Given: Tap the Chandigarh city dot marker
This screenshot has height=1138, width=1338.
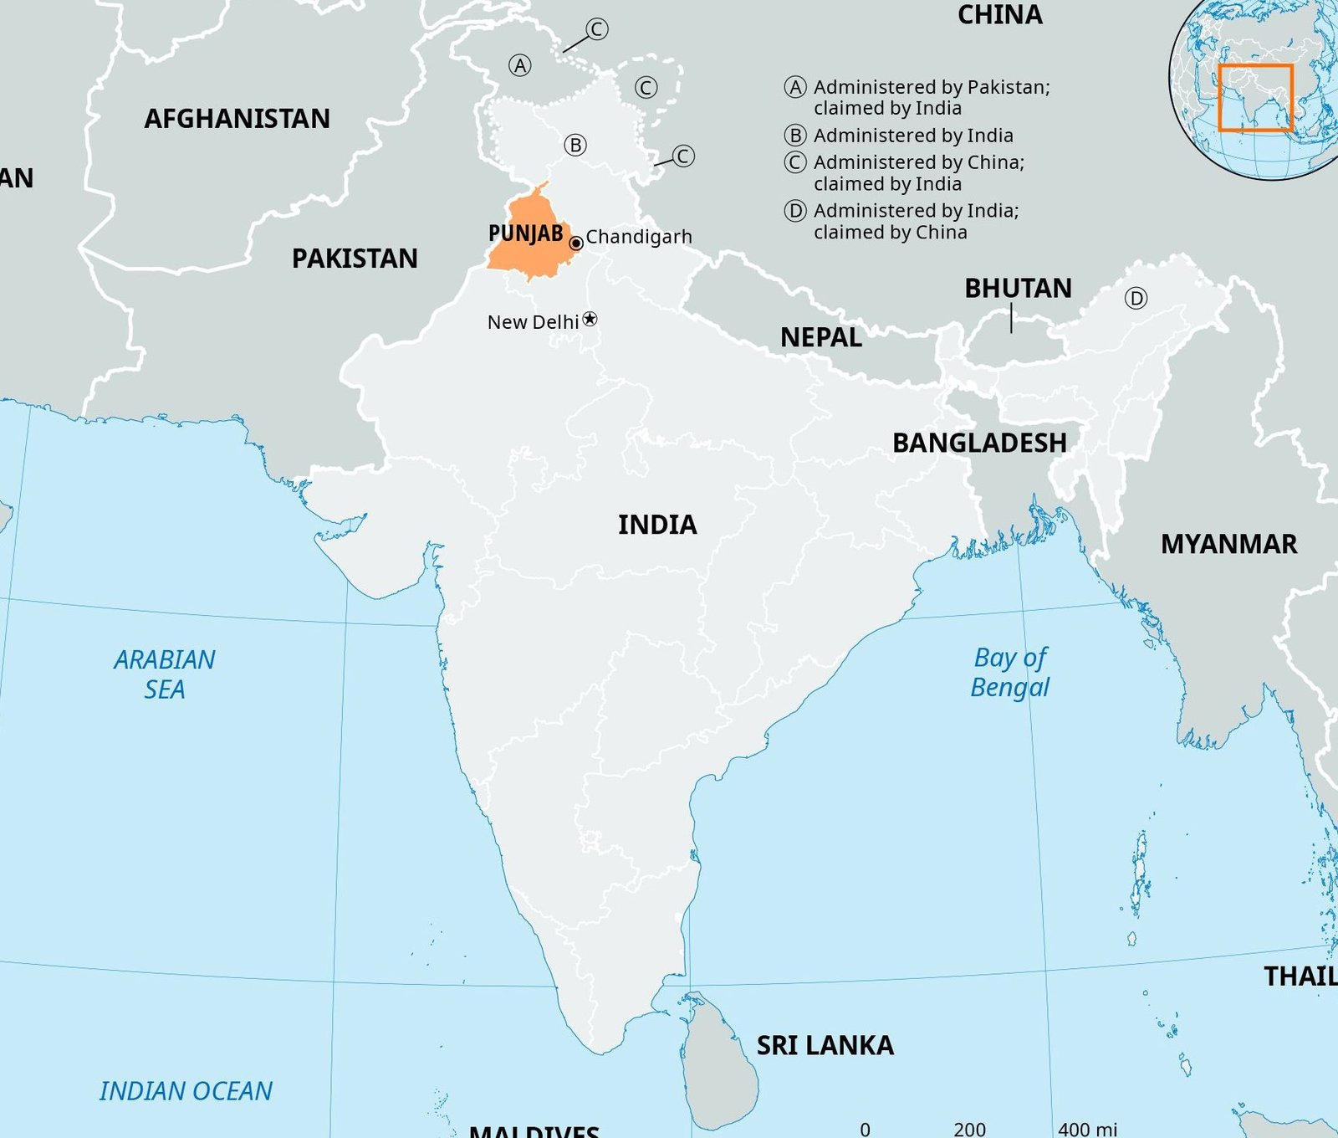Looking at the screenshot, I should [x=576, y=243].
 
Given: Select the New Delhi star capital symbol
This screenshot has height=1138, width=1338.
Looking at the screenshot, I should [x=590, y=319].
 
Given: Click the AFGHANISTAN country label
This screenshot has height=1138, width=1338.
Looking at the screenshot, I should [x=237, y=119].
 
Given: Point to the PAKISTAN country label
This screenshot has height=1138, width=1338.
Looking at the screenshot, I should [x=355, y=259].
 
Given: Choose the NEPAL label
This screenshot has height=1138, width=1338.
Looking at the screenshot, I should [x=820, y=337].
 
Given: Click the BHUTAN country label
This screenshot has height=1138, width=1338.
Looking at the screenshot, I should [x=1018, y=289].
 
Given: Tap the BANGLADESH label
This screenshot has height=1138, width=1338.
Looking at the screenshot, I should [x=979, y=443].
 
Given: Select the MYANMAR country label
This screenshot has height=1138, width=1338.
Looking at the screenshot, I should [x=1228, y=545].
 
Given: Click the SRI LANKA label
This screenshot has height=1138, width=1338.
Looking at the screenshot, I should [x=825, y=1045].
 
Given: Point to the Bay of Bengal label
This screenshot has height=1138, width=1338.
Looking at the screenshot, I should [x=1010, y=672].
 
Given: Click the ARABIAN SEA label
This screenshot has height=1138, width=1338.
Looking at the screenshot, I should [x=165, y=674].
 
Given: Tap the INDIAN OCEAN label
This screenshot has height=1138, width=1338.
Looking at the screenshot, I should [x=186, y=1091].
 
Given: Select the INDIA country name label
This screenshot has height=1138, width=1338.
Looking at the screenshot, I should [x=657, y=525].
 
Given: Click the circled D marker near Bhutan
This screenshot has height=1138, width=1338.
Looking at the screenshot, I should [x=1136, y=298].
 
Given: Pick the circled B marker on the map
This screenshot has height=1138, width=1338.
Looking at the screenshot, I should [x=575, y=145].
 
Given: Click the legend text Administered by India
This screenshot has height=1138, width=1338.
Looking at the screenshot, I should [x=912, y=136].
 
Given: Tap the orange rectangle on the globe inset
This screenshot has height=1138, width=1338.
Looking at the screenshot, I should [x=1255, y=98].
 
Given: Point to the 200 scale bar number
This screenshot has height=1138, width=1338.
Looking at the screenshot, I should [x=969, y=1129].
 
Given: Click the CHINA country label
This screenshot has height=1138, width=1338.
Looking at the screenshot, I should [x=999, y=15].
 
